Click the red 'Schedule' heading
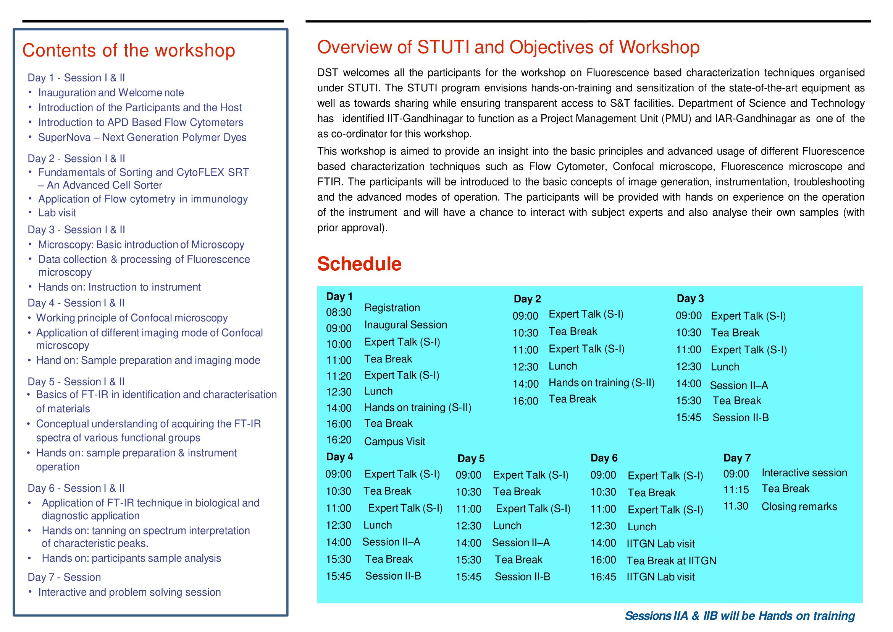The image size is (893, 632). click(359, 264)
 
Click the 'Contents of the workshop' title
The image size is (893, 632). click(129, 50)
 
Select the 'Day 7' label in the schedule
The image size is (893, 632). click(736, 458)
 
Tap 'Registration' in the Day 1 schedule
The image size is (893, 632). click(392, 308)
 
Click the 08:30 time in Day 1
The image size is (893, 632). click(338, 312)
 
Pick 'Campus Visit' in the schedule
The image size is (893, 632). click(394, 441)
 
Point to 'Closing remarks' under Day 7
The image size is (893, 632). click(799, 506)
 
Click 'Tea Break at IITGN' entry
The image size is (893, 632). click(671, 561)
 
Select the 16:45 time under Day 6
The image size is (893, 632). click(603, 577)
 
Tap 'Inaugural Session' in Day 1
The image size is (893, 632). click(406, 325)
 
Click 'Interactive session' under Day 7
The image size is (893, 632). click(804, 473)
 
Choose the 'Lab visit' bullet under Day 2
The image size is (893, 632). click(57, 213)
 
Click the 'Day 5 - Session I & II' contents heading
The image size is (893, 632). click(76, 381)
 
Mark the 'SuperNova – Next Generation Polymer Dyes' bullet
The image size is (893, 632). click(142, 138)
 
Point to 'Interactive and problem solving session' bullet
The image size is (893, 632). click(129, 592)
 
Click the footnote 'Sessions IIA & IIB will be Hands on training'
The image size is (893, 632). click(740, 616)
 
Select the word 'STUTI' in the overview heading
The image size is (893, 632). click(443, 47)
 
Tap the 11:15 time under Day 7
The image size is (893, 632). click(736, 489)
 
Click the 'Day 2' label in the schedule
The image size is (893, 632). click(527, 299)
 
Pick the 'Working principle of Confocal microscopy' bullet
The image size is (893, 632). click(132, 318)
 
